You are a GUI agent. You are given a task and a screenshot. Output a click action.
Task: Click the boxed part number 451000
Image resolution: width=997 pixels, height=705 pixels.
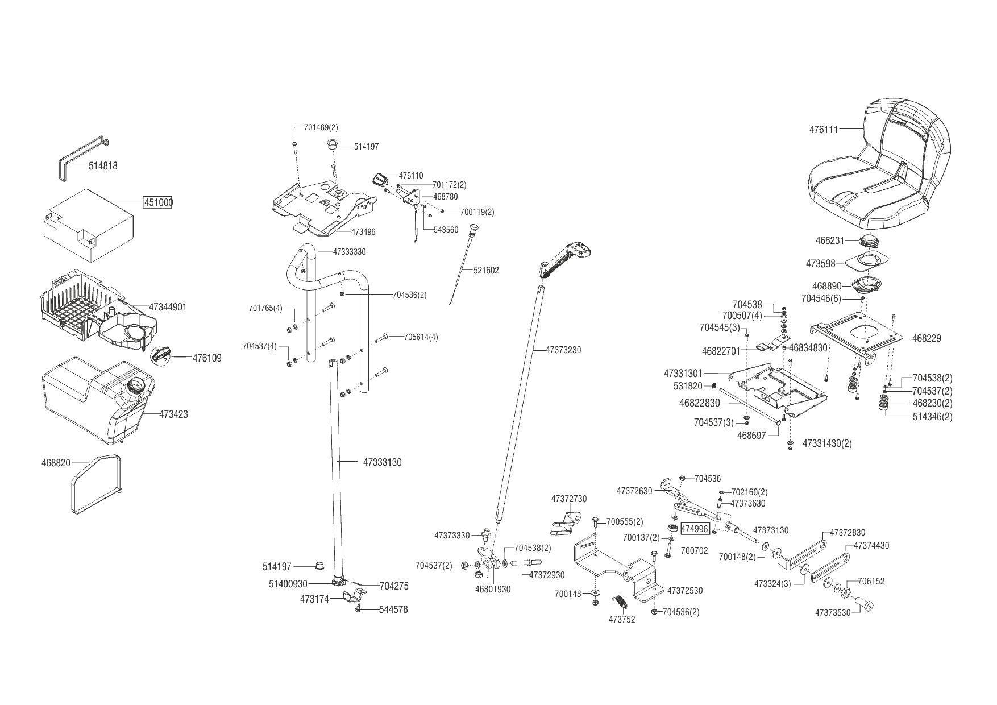click(x=157, y=203)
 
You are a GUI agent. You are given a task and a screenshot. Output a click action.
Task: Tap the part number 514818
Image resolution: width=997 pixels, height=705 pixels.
click(x=103, y=166)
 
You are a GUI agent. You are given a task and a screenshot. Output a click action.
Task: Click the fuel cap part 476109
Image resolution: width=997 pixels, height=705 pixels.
click(x=161, y=354)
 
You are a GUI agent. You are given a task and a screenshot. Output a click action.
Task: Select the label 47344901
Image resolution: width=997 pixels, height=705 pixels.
click(x=168, y=307)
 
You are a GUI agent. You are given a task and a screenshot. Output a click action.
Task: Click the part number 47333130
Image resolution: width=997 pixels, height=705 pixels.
click(x=382, y=462)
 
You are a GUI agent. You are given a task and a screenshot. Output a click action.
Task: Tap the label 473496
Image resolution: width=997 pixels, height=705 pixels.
click(x=363, y=232)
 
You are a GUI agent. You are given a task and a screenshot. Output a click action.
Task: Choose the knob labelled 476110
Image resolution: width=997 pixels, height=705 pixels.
click(x=379, y=180)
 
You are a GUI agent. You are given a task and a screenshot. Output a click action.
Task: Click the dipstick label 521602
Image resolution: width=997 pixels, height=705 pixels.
click(x=486, y=271)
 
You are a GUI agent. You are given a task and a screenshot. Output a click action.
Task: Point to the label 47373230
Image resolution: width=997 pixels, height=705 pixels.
click(x=563, y=350)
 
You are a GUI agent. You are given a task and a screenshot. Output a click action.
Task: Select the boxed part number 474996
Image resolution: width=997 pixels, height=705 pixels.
click(x=695, y=529)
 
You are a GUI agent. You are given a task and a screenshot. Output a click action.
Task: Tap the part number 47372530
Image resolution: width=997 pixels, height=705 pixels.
click(x=685, y=591)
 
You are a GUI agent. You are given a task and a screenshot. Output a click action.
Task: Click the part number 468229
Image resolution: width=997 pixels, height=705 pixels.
click(x=927, y=338)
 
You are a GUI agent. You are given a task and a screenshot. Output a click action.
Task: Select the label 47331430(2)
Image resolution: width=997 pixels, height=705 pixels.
click(x=827, y=443)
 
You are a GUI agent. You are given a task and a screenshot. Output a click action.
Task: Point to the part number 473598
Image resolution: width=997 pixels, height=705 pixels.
click(x=821, y=264)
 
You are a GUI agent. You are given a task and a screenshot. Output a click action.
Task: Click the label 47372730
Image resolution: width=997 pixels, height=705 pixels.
click(x=569, y=499)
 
